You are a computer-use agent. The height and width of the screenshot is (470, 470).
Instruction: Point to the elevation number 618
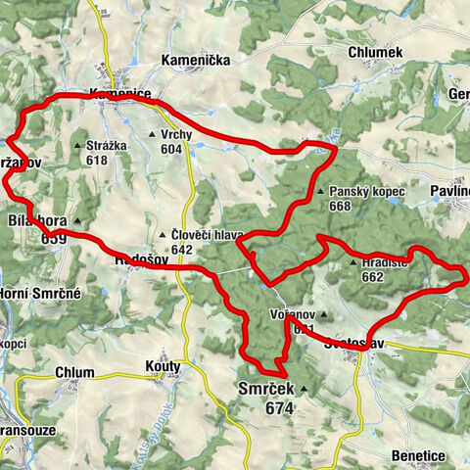[96, 161]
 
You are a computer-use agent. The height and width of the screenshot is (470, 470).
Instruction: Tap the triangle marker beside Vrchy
[151, 135]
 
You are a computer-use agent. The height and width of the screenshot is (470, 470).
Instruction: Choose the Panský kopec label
[366, 193]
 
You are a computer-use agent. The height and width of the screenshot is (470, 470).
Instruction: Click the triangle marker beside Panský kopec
[320, 193]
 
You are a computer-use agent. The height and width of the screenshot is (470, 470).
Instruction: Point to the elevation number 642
[181, 250]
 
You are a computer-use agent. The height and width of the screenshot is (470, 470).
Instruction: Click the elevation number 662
[372, 277]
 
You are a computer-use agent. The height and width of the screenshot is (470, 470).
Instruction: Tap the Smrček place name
[264, 390]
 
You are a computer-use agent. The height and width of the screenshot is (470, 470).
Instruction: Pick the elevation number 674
[278, 408]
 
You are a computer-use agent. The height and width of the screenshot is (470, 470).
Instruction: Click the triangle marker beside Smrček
[304, 391]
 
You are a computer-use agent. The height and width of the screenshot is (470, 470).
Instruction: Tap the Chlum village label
[74, 372]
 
